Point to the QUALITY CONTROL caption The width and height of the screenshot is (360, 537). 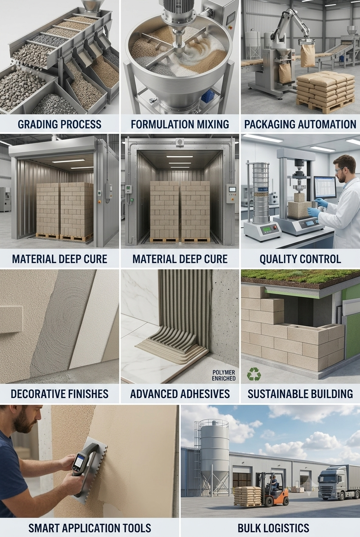pyautogui.click(x=300, y=259)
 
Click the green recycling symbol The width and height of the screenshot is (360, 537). pyautogui.click(x=254, y=374)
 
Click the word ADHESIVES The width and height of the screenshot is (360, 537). pyautogui.click(x=204, y=394)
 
